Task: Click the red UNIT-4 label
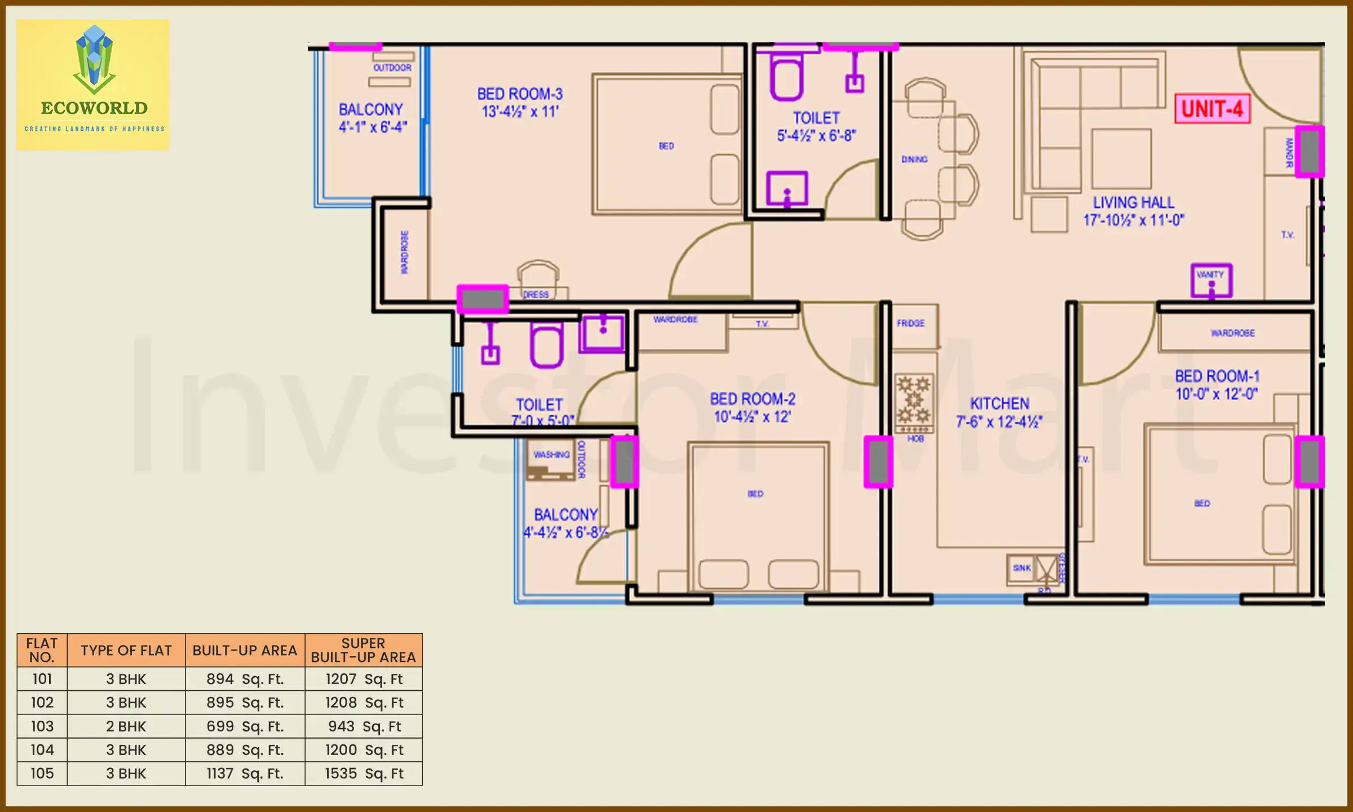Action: click(1212, 109)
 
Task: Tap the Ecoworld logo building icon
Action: click(94, 59)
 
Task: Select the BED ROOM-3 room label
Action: click(520, 94)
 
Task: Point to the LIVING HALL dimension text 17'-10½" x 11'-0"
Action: click(1133, 220)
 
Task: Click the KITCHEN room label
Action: click(1000, 404)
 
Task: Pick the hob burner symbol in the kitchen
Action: click(914, 401)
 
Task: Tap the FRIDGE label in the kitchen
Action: click(910, 323)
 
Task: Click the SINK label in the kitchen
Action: click(1021, 568)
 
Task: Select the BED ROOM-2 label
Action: click(753, 399)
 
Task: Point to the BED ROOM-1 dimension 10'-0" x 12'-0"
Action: click(1217, 394)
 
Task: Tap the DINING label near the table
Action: click(914, 160)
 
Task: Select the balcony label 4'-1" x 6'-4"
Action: click(372, 127)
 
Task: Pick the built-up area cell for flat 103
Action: click(245, 726)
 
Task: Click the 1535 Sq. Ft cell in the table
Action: click(364, 774)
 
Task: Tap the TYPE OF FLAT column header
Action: click(126, 650)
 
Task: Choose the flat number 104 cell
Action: click(42, 750)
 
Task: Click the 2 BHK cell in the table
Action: click(126, 726)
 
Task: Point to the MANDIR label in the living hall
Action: click(1289, 152)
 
